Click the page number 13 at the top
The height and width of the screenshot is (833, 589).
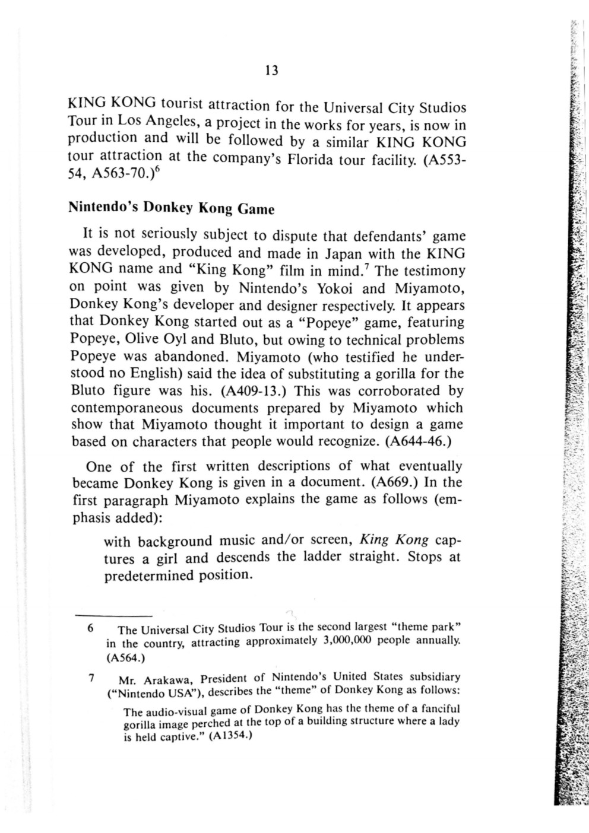click(271, 71)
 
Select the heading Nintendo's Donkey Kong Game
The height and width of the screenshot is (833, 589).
click(172, 208)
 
